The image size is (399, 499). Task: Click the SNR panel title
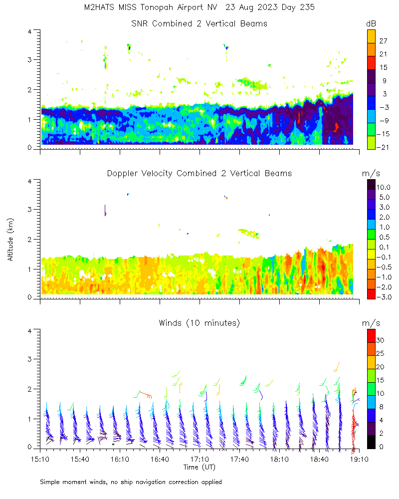tap(199, 23)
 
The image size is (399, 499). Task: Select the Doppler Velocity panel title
tap(199, 173)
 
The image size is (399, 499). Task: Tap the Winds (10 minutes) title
tap(199, 323)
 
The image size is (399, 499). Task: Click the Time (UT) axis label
tap(199, 467)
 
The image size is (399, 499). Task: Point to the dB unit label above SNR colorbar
tap(371, 23)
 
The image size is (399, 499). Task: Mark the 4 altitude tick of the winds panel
tap(30, 331)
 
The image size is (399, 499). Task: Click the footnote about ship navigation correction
tap(131, 482)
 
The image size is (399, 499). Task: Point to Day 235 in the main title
tap(297, 7)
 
